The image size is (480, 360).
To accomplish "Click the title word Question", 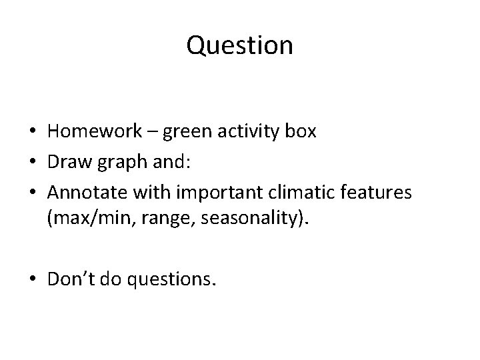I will point(239,45).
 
